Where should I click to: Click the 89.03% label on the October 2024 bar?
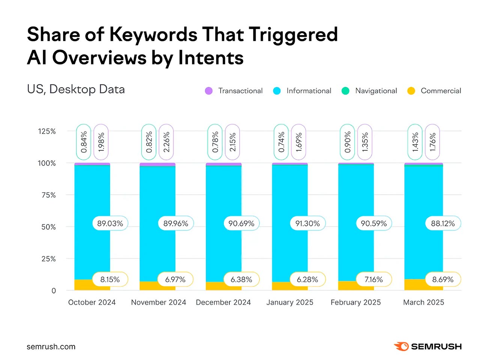110,223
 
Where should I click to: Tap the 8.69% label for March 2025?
443,280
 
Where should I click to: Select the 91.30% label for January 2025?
307,223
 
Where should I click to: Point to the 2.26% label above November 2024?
167,142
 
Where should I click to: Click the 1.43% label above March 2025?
415,142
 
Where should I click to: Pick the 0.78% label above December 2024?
215,142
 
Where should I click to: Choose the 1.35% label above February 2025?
365,142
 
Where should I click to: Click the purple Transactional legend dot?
209,91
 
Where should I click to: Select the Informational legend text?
309,91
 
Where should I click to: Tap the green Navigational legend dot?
345,91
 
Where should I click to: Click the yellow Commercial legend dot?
411,91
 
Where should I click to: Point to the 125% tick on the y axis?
47,131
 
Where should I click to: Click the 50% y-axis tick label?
48,227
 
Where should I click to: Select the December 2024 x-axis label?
223,303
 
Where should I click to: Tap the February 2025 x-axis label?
355,303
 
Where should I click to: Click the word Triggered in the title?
293,35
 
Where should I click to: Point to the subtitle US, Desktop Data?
76,89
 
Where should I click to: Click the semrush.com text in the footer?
51,347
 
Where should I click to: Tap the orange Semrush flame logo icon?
401,346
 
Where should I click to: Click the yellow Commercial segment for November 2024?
148,286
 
